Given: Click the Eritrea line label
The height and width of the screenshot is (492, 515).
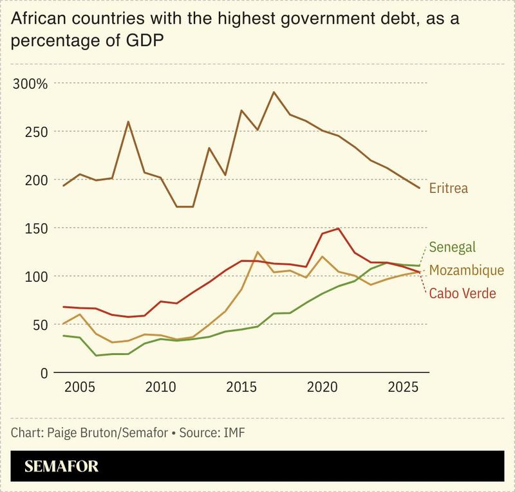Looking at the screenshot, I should tap(448, 189).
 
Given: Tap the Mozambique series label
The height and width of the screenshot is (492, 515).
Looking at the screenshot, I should tap(466, 270).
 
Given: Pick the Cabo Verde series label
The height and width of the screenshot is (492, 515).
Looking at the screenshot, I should tap(462, 293).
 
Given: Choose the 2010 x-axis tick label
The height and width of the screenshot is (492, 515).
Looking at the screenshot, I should tap(161, 390).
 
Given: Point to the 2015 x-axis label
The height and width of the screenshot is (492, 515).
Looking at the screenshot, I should tap(241, 390).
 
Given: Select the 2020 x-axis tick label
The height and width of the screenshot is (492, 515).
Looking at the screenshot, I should tap(322, 390).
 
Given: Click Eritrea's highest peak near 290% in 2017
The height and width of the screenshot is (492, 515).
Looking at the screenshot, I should tap(274, 92).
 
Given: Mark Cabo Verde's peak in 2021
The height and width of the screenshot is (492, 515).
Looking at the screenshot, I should tap(338, 228).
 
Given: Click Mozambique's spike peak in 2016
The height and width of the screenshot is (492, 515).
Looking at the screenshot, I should tap(257, 252).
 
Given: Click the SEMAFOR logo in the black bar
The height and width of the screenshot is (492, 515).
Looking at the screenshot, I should tap(62, 466).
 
